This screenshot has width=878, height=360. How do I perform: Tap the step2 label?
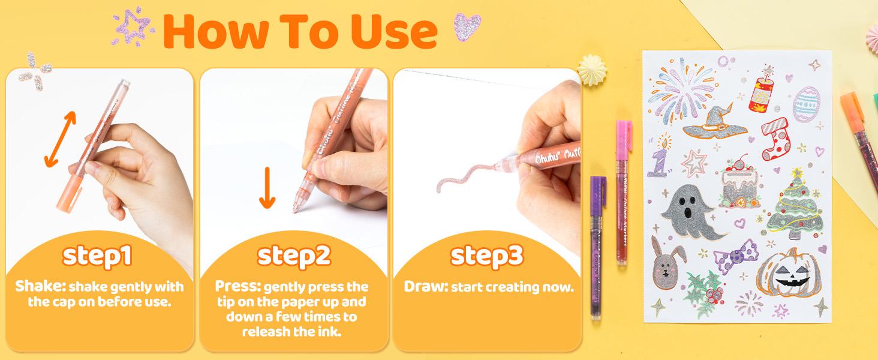[294, 256]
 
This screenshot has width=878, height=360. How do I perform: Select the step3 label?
[487, 256]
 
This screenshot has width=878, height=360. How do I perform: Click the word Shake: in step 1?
[37, 287]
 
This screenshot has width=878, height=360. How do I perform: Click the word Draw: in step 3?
[425, 287]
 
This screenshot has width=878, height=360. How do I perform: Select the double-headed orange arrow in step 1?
[61, 139]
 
